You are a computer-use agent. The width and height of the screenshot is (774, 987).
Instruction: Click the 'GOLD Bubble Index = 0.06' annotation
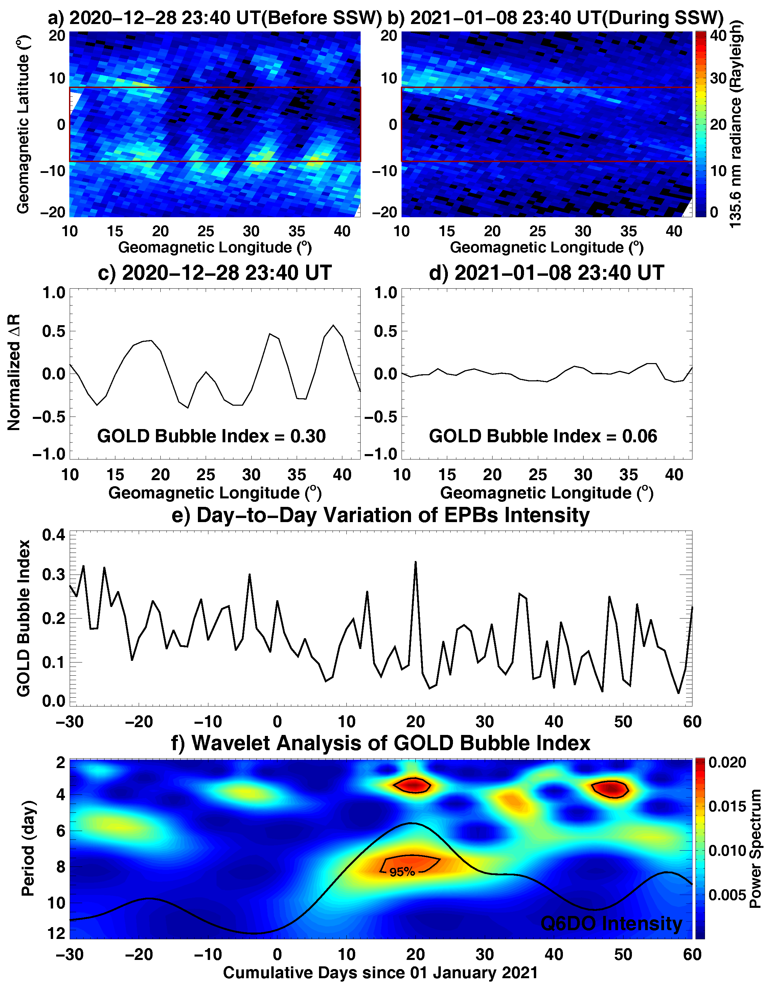pos(543,436)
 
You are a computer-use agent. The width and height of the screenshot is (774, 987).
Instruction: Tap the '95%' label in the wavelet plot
pos(402,872)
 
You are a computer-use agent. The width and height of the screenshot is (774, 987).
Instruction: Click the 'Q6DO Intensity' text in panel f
pos(611,923)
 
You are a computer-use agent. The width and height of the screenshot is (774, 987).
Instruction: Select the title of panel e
pos(380,515)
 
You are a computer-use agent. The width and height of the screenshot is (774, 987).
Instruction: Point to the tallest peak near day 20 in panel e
pos(415,562)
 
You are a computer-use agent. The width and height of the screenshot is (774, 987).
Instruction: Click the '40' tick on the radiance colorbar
pos(718,35)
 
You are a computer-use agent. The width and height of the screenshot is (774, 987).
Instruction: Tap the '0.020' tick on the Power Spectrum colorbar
pos(727,762)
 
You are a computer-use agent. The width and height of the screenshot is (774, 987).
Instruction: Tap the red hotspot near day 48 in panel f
pos(610,789)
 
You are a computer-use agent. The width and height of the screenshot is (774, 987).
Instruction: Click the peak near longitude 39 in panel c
pos(334,326)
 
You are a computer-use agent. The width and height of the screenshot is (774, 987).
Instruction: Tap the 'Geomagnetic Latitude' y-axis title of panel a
pos(23,123)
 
